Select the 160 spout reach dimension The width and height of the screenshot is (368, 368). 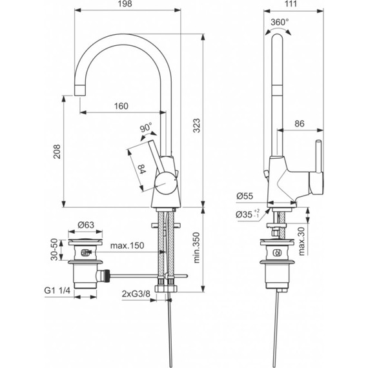(x=121, y=106)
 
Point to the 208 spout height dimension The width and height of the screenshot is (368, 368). (x=57, y=150)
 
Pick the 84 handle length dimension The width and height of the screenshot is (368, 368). (x=141, y=170)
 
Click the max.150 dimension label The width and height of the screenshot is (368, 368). (x=127, y=246)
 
